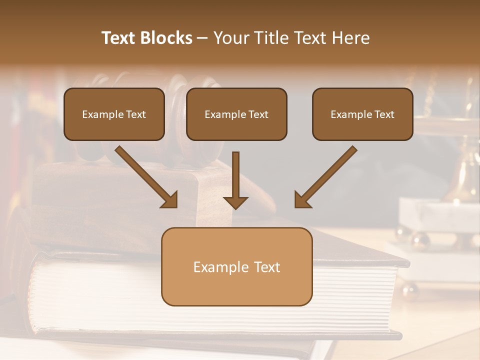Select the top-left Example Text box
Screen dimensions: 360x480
(x=114, y=114)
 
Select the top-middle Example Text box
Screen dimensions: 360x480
(x=236, y=114)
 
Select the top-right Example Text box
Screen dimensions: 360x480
(x=362, y=114)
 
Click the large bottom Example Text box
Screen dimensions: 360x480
(x=236, y=266)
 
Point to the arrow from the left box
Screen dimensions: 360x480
(x=145, y=175)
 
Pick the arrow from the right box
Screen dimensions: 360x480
(x=327, y=175)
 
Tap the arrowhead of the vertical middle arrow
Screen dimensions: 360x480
(x=235, y=202)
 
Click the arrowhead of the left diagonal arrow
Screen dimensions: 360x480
(x=170, y=200)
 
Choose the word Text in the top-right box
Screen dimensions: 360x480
(x=384, y=114)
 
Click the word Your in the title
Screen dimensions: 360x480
(x=231, y=38)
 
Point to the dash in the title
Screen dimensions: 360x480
(x=202, y=38)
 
